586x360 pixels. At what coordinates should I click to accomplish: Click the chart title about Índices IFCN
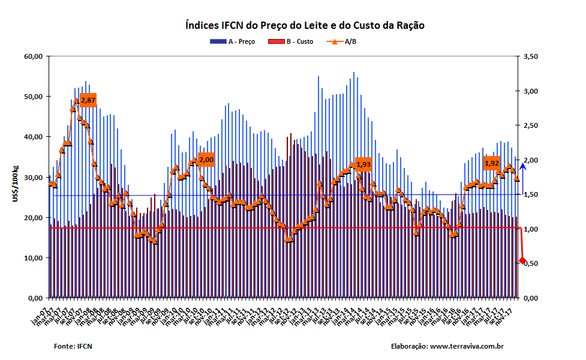(305, 26)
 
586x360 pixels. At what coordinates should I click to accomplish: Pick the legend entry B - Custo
(296, 41)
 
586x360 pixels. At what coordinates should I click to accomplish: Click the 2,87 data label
(88, 100)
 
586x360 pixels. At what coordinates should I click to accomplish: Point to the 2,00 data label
(206, 160)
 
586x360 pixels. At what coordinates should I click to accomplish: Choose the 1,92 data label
(492, 163)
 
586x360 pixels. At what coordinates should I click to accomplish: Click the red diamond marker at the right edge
(522, 260)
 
